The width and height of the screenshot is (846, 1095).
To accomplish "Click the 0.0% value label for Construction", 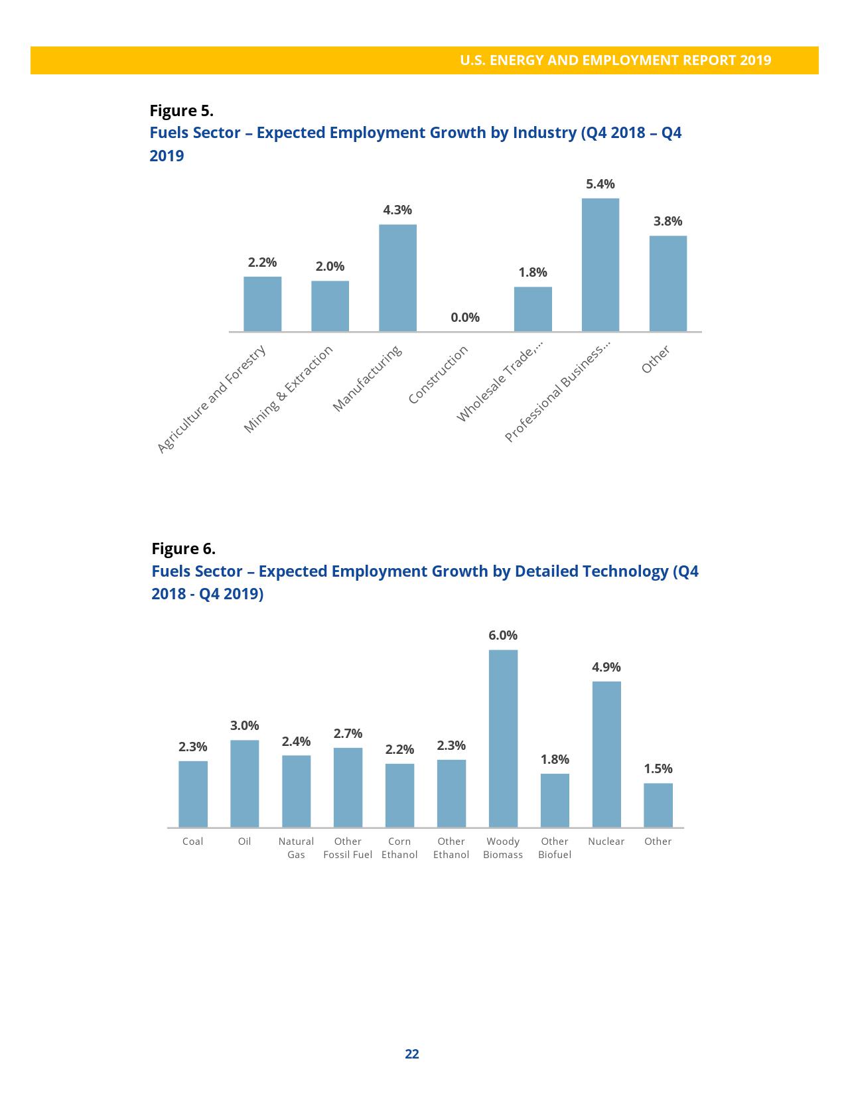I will coord(464,317).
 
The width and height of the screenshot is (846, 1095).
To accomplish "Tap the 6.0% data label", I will coord(503,635).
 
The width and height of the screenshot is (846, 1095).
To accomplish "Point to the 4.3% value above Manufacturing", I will coord(397,210).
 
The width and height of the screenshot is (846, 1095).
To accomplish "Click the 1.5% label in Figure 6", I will coord(658,768).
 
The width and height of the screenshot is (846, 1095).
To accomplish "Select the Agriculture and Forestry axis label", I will coord(212,400).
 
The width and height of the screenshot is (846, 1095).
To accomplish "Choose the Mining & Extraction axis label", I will coord(288,390).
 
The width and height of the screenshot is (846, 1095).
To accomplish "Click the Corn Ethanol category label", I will coord(399,848).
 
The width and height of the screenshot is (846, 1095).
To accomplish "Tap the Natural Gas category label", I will coord(296,848).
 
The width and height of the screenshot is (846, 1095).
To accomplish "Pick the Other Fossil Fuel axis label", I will coord(348,848).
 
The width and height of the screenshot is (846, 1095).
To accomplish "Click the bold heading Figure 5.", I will coord(181,110).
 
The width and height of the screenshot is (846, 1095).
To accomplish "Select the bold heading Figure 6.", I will coord(183,549).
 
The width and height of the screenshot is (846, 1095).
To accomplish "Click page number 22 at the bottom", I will coord(412,1054).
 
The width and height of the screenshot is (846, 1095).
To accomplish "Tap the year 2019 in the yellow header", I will coord(755,60).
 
